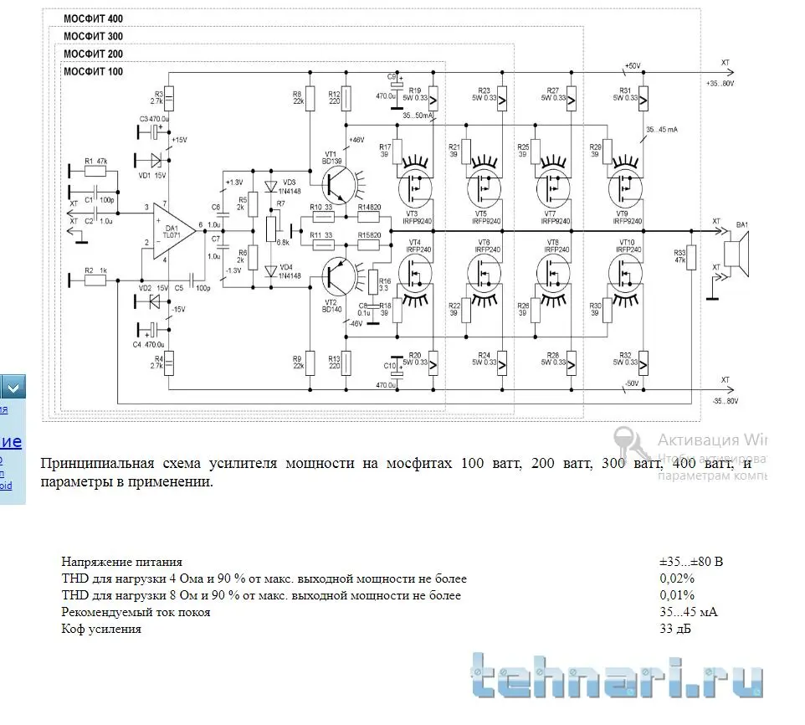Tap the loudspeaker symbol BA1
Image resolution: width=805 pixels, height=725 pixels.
(737, 250)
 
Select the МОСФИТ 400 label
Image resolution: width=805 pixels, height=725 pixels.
(93, 18)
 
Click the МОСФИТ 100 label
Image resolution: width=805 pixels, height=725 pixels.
(93, 72)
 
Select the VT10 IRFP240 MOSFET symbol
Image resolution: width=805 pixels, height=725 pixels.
(624, 269)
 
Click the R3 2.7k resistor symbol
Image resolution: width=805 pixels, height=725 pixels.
(168, 100)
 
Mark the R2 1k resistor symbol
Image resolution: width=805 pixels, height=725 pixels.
(95, 280)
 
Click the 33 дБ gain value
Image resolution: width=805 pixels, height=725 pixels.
(676, 629)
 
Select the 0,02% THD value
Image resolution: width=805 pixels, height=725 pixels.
(677, 578)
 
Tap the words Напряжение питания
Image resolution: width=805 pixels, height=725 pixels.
(121, 562)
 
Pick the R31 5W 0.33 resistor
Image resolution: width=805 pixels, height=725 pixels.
(643, 98)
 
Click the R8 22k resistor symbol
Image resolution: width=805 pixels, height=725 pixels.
(310, 99)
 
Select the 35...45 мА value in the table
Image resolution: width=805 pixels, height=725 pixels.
(689, 612)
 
